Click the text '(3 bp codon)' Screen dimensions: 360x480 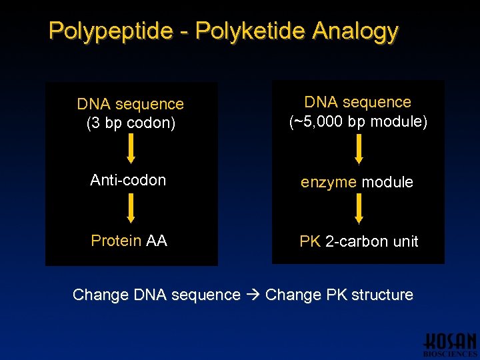coord(131,123)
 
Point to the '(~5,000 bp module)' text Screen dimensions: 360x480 coord(358,122)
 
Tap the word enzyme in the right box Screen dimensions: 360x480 coord(329,182)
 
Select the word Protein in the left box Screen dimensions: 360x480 coord(116,241)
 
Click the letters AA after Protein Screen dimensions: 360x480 coord(157,241)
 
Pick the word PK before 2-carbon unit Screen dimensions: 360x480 coord(310,241)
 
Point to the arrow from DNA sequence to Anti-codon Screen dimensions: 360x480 coord(131,148)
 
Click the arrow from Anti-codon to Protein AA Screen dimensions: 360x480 coord(131,208)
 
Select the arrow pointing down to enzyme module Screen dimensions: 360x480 coord(359,148)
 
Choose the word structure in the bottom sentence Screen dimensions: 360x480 coord(382,295)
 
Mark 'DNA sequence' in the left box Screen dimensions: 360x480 coord(131,104)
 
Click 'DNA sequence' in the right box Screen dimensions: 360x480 coord(358,102)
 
